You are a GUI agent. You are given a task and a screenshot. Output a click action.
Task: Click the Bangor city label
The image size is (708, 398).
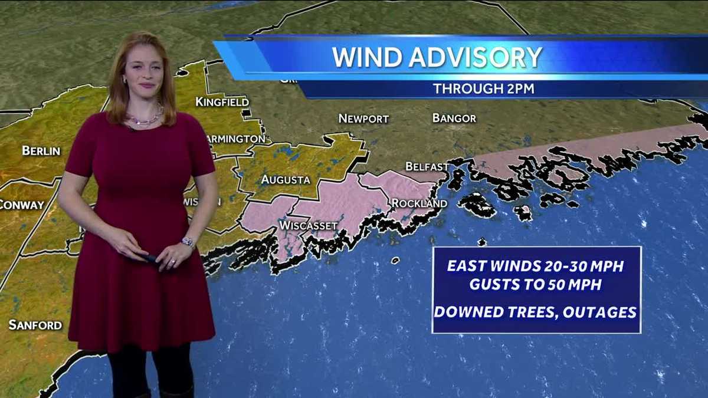(x=454, y=118)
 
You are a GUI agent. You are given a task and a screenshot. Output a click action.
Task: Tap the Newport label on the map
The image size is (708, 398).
(x=363, y=119)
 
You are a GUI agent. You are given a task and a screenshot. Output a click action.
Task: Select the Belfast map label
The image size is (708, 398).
(x=427, y=166)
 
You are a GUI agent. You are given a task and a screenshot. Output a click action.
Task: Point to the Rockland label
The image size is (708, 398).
(x=419, y=203)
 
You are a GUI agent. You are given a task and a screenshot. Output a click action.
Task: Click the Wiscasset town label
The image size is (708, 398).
(x=309, y=226)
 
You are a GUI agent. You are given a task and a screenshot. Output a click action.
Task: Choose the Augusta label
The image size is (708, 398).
(x=286, y=179)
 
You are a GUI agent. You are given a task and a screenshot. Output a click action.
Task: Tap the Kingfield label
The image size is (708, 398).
(x=222, y=102)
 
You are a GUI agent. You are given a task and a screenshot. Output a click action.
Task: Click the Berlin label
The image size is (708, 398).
(x=41, y=150)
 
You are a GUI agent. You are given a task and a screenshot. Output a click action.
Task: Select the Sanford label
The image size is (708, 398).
(x=35, y=325)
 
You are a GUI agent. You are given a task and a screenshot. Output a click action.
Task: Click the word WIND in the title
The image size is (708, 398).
(x=366, y=57)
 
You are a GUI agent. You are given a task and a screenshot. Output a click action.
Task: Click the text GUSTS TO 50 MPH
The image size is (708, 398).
(x=536, y=284)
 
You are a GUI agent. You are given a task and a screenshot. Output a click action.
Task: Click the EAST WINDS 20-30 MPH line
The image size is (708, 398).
(x=536, y=266)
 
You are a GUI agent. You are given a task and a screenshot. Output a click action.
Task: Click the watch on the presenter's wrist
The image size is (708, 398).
(x=188, y=242)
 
